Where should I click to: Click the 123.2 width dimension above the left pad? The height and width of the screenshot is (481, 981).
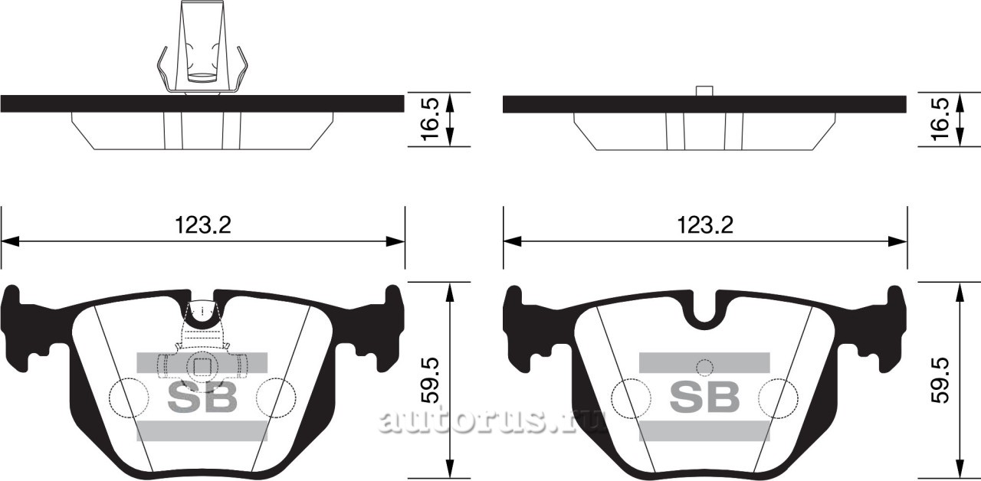click(x=203, y=225)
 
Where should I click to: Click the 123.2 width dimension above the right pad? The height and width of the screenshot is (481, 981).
click(x=705, y=225)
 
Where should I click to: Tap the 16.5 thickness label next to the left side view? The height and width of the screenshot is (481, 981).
click(x=431, y=119)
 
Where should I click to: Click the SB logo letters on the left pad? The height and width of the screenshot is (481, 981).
click(x=202, y=397)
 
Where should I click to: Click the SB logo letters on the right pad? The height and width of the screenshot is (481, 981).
click(x=705, y=397)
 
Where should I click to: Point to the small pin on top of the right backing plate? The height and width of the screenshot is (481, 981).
click(x=705, y=91)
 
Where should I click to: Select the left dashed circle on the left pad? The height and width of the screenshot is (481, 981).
click(x=129, y=397)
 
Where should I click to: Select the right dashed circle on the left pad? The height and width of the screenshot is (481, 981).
click(x=276, y=397)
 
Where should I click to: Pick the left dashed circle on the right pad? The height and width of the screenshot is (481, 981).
click(x=632, y=397)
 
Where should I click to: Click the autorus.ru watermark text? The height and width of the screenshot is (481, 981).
click(x=490, y=420)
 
